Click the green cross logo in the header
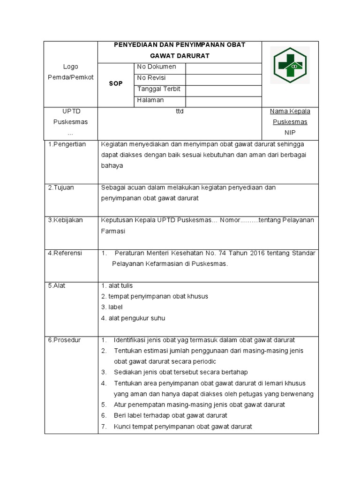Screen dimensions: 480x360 click(290, 67)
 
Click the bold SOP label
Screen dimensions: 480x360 click(116, 83)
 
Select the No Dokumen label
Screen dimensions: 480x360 click(157, 67)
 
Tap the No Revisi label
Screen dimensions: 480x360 click(151, 78)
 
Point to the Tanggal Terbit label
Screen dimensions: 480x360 click(159, 89)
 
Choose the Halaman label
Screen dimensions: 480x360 click(150, 100)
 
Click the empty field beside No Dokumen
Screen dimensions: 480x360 click(223, 67)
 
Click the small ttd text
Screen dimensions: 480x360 click(180, 112)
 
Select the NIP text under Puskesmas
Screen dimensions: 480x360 click(290, 133)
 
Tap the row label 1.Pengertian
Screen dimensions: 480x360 click(67, 144)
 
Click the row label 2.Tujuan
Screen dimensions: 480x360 click(61, 187)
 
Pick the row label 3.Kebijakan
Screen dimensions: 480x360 click(66, 220)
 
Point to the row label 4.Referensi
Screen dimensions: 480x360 click(65, 253)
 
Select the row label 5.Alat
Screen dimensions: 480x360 click(57, 285)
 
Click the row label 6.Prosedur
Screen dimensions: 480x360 click(65, 340)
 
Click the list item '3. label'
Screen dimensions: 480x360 click(112, 307)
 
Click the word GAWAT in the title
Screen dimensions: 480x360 click(158, 56)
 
